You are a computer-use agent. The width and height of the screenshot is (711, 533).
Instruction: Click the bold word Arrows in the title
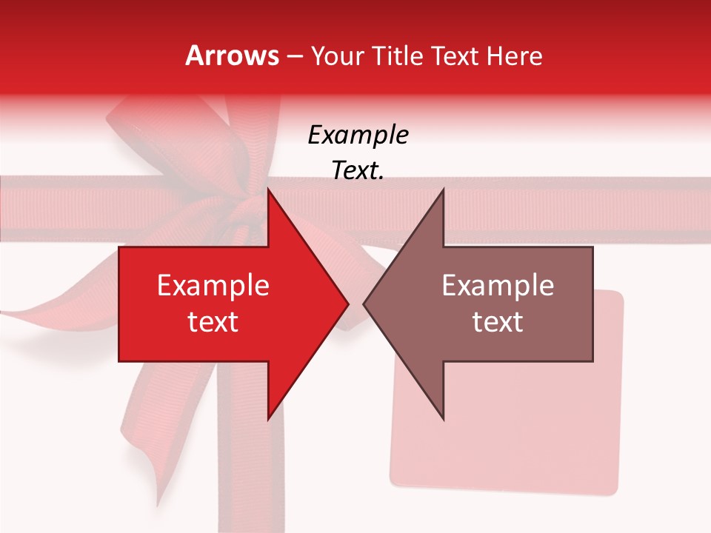233,56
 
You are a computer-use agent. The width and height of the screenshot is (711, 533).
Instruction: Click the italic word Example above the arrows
358,135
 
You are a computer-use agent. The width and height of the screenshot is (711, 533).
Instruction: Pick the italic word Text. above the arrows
358,170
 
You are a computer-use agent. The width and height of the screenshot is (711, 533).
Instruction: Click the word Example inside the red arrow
213,286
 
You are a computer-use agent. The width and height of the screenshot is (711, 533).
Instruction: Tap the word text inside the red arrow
213,321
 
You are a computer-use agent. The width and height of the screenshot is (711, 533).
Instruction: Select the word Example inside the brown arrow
498,286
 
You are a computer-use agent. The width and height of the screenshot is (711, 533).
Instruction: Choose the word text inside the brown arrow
498,321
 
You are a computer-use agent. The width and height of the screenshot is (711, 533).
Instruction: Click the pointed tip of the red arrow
348,304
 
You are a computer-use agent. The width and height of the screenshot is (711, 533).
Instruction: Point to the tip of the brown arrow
364,304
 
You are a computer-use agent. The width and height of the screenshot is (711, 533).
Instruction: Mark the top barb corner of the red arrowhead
269,190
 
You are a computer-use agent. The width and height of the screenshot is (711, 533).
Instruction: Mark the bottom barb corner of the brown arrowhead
443,419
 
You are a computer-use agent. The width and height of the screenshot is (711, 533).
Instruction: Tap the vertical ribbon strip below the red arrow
267,474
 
